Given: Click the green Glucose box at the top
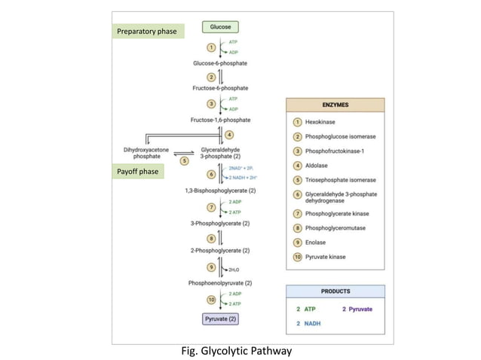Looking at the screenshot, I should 219,26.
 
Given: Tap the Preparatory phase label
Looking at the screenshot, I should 148,32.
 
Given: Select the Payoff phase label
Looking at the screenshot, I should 138,172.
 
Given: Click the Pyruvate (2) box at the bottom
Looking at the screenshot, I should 221,319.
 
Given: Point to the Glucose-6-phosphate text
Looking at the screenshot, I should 219,63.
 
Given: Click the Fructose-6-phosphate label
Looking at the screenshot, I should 219,88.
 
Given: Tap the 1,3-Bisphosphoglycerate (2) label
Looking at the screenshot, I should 220,191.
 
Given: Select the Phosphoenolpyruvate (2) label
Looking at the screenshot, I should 220,282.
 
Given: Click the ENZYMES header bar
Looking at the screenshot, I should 335,105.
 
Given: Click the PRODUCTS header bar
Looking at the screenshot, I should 335,291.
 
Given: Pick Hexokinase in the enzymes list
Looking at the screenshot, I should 321,121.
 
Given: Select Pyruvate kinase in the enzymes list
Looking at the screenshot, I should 327,258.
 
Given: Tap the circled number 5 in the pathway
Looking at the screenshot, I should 184,160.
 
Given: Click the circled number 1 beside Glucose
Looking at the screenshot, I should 211,47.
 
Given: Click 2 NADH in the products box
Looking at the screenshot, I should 308,324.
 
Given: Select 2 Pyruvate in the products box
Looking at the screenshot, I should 358,309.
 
